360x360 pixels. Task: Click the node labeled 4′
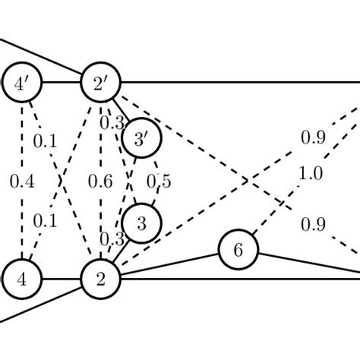pos(23,83)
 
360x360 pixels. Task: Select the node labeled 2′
pos(101,83)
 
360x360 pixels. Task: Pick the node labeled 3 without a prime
pos(141,223)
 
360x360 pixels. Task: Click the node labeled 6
pos(238,250)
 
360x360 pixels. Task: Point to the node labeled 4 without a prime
pos(23,279)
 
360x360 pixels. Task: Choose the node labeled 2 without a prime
pos(101,279)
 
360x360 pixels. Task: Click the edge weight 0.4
pos(22,181)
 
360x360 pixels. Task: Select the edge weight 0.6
pos(101,181)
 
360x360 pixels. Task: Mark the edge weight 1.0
pos(310,174)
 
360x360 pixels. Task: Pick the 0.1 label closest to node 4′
pos(45,141)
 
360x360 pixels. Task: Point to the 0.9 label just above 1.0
pos(314,137)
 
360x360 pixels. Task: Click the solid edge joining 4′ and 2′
pos(62,83)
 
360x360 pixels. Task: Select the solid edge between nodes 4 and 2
pos(62,279)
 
